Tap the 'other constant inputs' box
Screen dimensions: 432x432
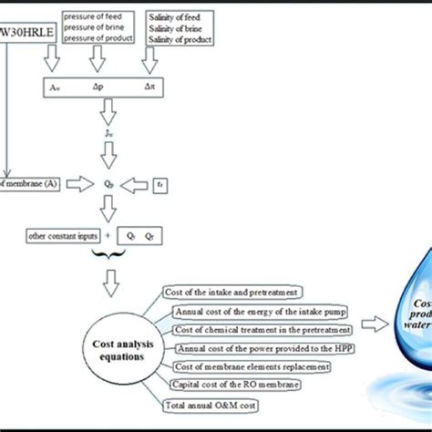pyautogui.click(x=56, y=236)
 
